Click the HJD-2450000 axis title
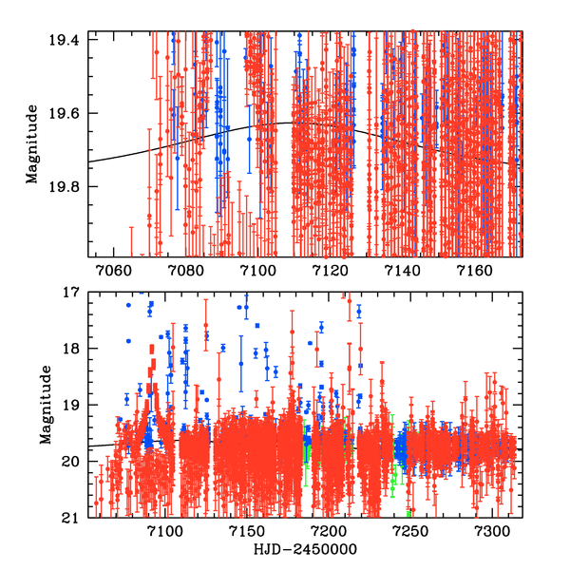(x=303, y=550)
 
